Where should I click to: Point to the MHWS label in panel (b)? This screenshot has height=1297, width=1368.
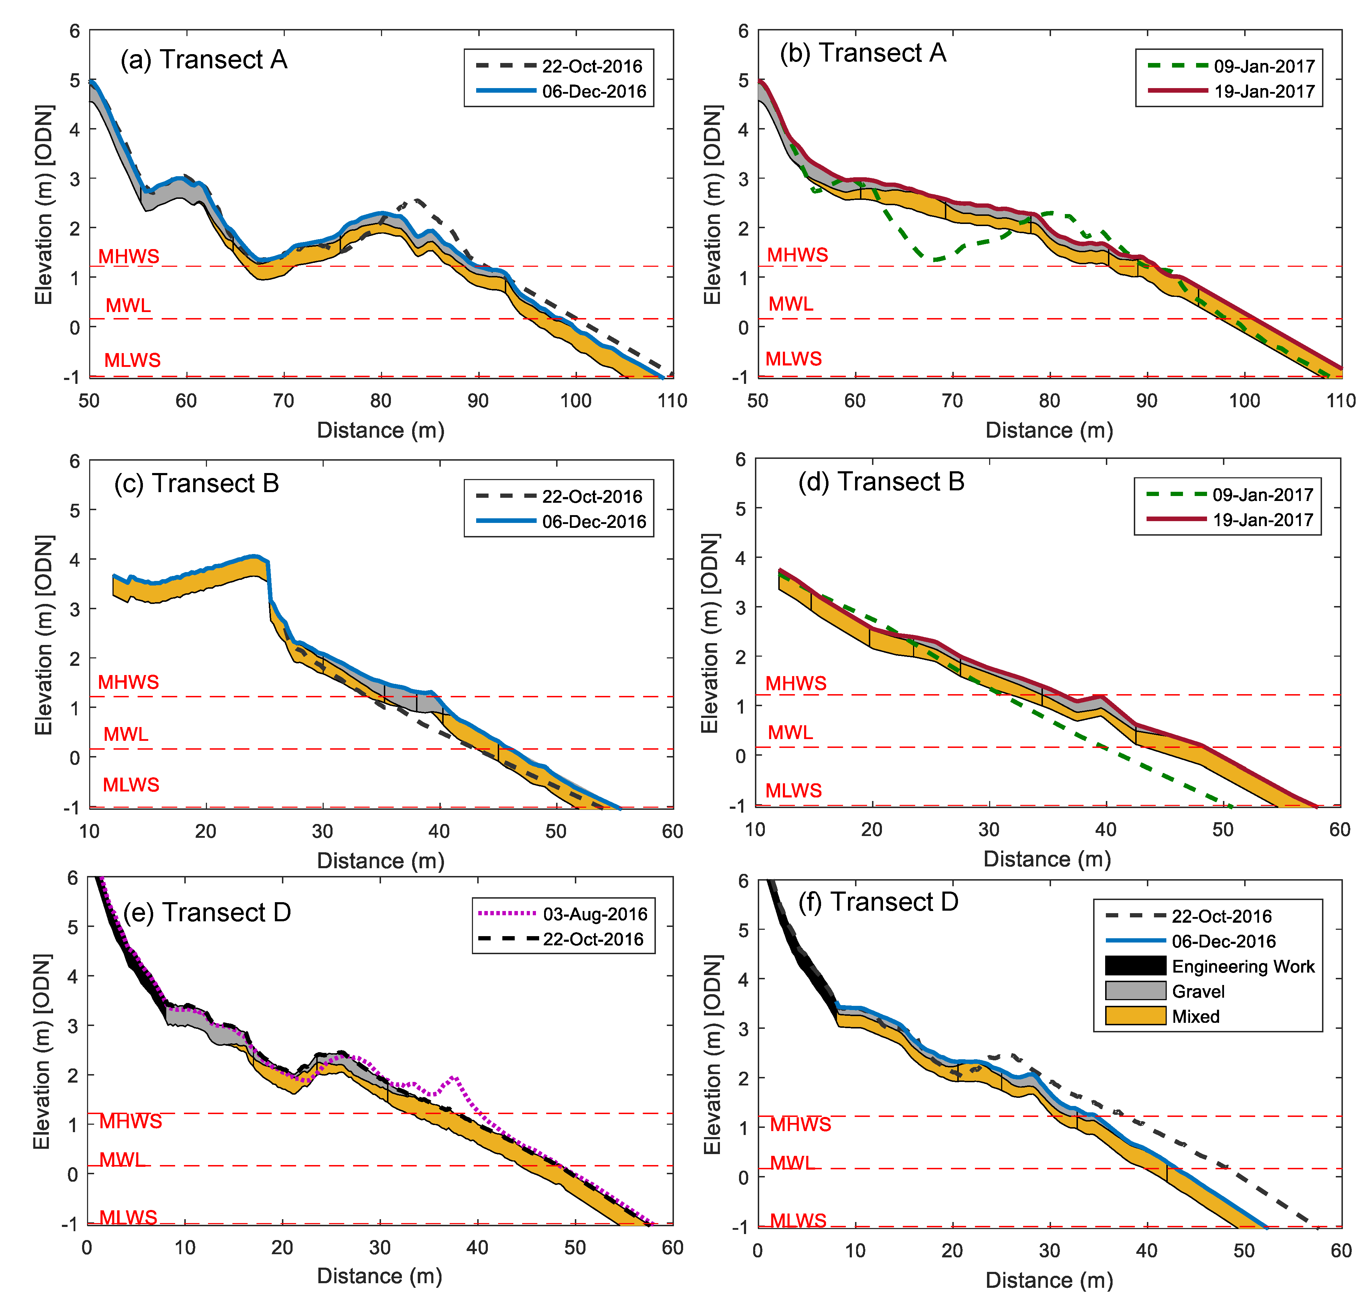[x=797, y=254]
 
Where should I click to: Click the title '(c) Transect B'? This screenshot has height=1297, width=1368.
[x=196, y=483]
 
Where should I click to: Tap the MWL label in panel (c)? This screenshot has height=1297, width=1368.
[x=126, y=734]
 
